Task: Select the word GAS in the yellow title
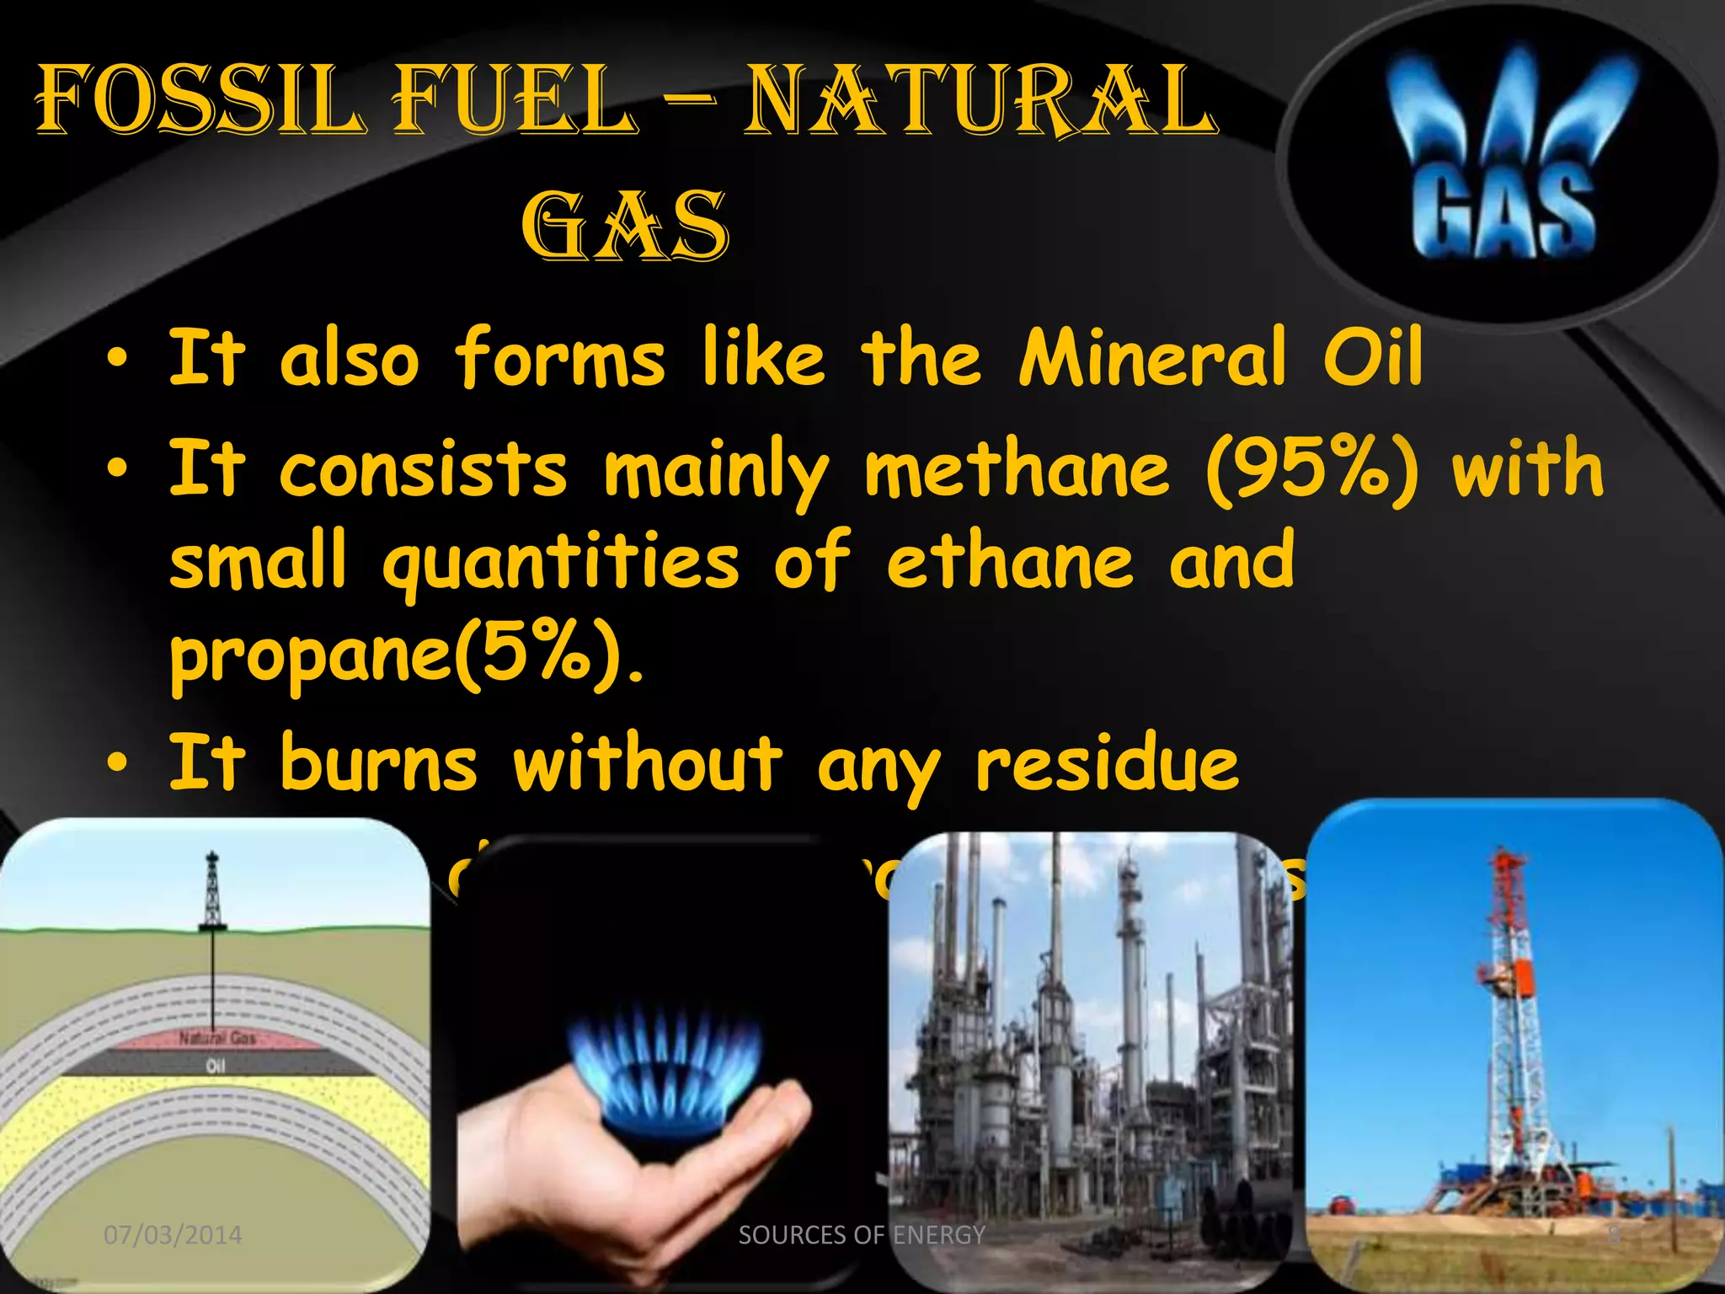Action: (624, 226)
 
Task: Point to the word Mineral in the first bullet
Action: (1152, 358)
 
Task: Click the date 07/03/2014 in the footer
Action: (173, 1235)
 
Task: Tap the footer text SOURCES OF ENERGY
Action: (862, 1235)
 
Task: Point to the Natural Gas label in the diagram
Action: (216, 1038)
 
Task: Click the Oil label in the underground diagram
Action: (216, 1067)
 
